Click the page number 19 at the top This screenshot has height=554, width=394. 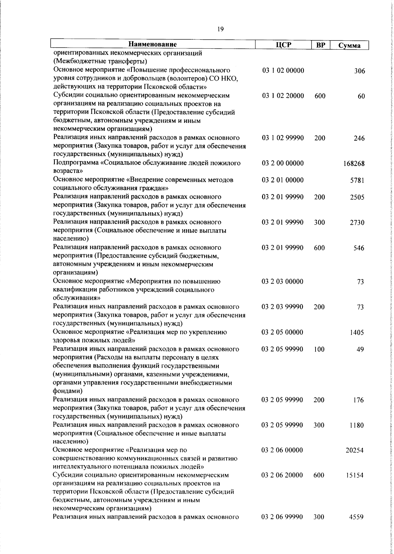coord(220,29)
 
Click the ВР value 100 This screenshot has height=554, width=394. coord(319,349)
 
